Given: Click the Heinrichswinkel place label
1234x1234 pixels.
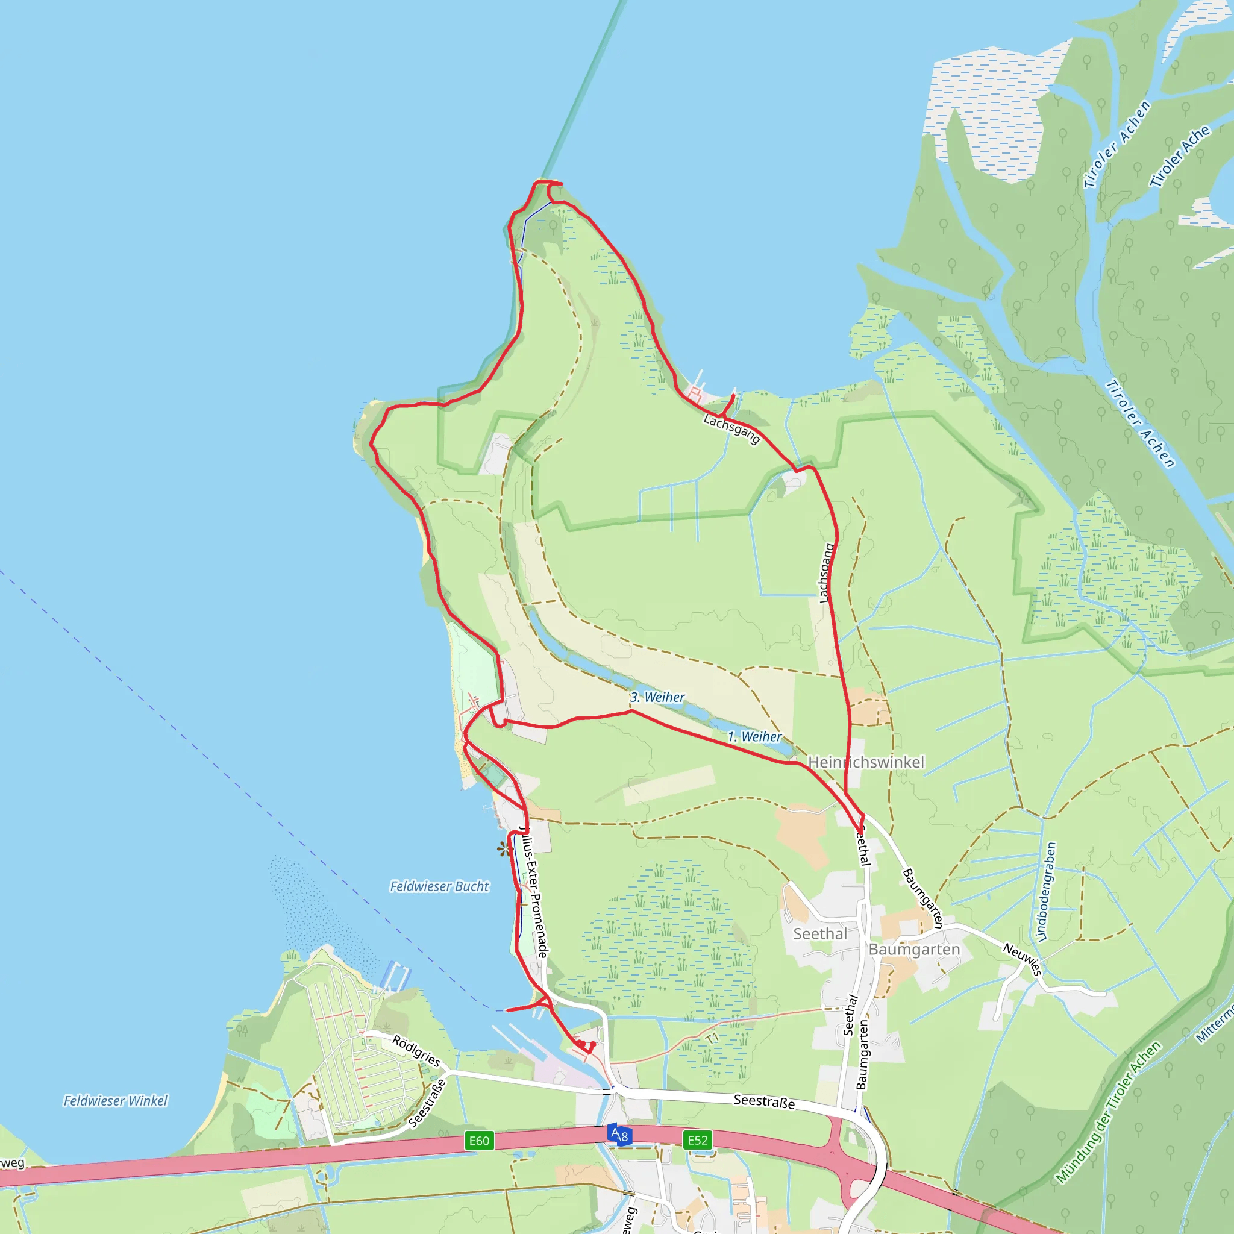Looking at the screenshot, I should (x=866, y=762).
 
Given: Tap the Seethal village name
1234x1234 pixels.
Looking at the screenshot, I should (x=820, y=934).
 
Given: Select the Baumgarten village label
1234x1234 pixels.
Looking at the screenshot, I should (x=914, y=949).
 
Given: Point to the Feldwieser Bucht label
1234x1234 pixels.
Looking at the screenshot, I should (x=439, y=886).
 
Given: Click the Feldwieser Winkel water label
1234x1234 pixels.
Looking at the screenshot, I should (x=116, y=1100).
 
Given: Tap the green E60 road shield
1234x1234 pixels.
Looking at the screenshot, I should (x=479, y=1141).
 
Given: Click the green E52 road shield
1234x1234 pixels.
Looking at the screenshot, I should (x=698, y=1140).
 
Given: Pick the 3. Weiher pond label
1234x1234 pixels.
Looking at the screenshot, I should (x=657, y=697).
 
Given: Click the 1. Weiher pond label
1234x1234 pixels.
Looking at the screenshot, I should (x=754, y=736).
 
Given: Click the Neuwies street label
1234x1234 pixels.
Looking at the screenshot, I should (x=1023, y=959).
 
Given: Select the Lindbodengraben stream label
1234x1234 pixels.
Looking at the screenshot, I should (x=1046, y=892).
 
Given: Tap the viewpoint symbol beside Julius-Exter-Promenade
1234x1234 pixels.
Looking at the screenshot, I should (x=504, y=849).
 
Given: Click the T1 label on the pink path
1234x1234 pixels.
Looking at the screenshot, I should (x=713, y=1038).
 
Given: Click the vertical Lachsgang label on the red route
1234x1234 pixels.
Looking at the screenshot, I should (x=827, y=572).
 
